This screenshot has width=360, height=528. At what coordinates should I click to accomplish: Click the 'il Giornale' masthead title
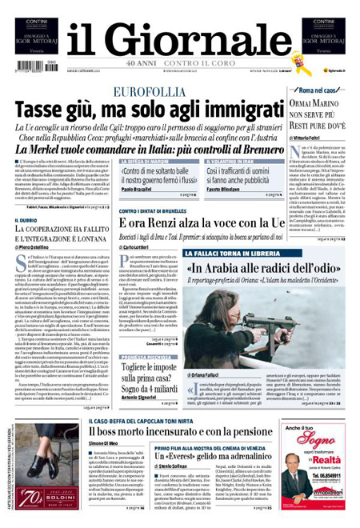click(x=179, y=37)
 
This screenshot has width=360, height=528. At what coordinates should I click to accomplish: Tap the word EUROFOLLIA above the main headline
click(x=151, y=93)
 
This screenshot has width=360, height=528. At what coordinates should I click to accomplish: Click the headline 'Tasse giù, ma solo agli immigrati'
click(x=132, y=112)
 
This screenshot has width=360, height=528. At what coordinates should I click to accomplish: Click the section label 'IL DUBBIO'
click(x=27, y=220)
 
